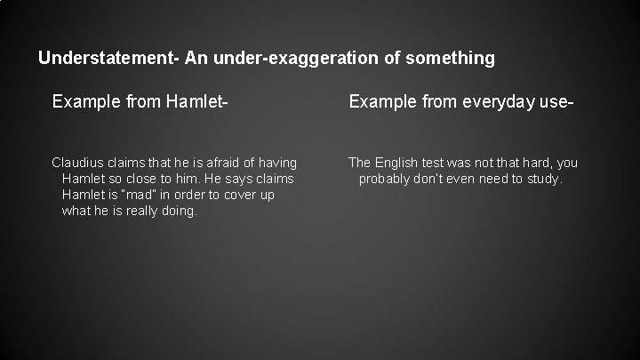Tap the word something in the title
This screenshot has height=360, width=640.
tap(451, 59)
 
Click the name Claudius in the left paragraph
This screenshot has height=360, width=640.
tap(78, 163)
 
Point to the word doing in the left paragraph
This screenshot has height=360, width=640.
tap(176, 211)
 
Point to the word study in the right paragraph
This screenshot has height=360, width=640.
tap(542, 179)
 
